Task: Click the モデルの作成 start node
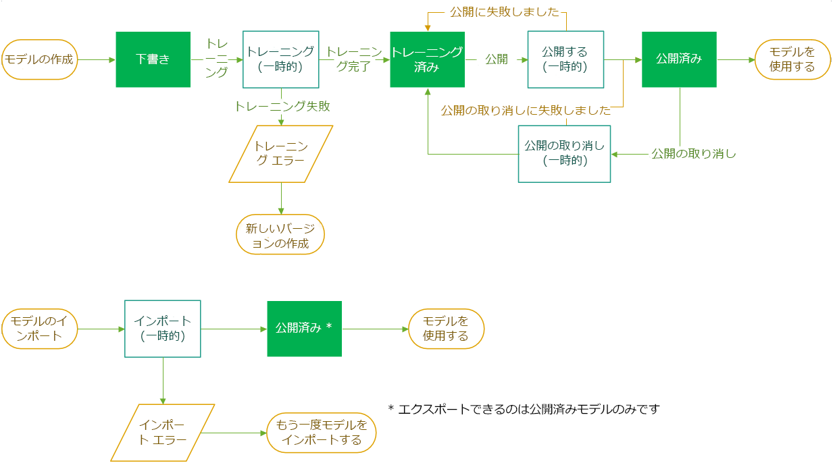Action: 39,59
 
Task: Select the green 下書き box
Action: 153,59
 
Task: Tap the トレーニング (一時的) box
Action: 280,59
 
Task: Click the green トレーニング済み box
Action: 427,59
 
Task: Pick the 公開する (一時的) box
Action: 564,59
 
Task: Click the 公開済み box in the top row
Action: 679,59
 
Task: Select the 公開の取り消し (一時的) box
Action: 564,154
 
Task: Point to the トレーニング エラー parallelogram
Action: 280,154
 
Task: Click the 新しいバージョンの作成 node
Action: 280,236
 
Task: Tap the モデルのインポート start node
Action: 39,329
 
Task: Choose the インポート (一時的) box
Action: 163,329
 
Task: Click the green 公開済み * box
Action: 304,329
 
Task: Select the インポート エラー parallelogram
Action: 163,433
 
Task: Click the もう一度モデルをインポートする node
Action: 321,433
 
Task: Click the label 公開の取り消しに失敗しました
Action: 526,110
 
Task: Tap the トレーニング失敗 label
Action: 282,106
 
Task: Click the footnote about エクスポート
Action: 524,409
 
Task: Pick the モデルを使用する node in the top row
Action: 792,59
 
